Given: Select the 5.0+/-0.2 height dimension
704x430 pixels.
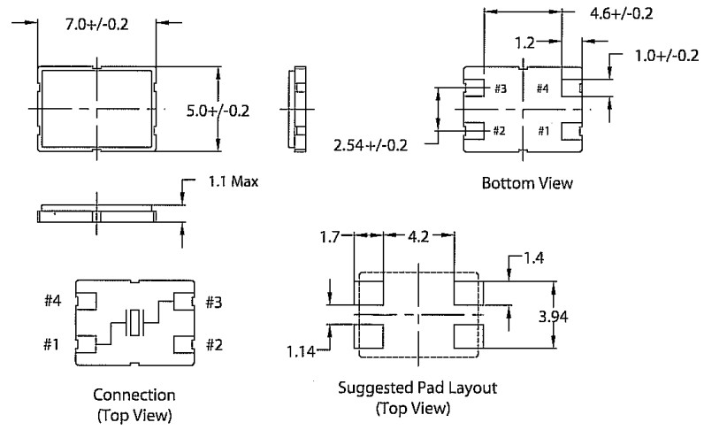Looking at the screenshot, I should (218, 111).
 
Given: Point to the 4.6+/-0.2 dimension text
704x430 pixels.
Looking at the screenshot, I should (620, 13).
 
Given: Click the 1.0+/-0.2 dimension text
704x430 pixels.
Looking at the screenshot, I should (665, 55).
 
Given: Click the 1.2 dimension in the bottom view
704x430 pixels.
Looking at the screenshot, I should (526, 41).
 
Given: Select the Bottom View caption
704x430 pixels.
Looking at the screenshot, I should (527, 184).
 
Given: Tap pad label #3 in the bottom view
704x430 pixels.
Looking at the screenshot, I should (500, 88).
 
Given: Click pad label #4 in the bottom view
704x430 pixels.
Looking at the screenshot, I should (542, 88).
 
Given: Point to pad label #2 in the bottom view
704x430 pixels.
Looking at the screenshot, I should (500, 131).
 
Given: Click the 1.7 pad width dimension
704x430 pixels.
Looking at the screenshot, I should (330, 237).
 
